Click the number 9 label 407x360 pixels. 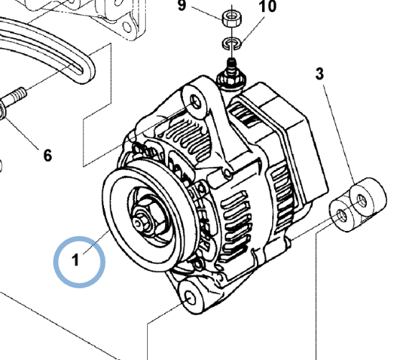tap(182, 6)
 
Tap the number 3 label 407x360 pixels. tap(319, 73)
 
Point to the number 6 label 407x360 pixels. tap(47, 154)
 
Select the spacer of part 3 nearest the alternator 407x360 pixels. tap(342, 216)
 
